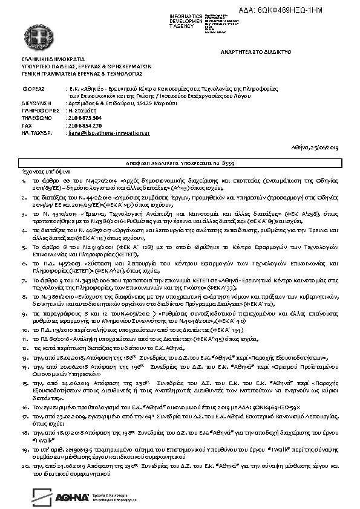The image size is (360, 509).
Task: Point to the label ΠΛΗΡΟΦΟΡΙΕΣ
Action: click(x=39, y=110)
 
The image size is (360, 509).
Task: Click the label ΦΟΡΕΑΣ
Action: click(x=32, y=88)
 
